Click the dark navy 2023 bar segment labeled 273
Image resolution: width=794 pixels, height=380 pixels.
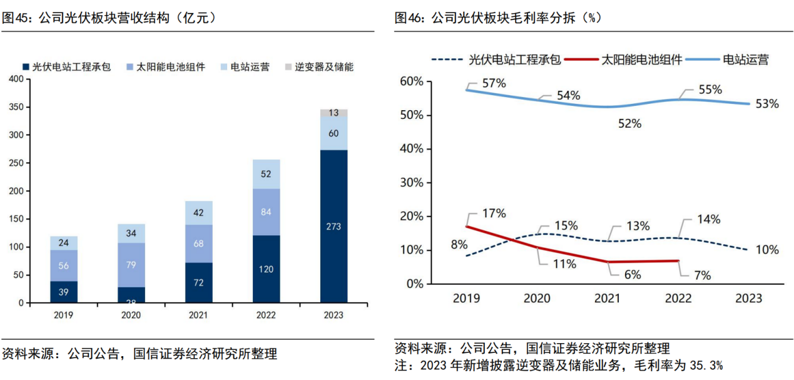click(x=333, y=227)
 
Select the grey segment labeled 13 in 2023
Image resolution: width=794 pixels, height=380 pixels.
click(x=333, y=113)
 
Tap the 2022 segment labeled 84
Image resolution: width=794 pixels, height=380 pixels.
click(x=266, y=212)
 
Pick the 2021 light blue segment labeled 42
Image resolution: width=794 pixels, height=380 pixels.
click(x=198, y=213)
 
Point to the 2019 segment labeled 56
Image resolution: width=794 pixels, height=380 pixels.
click(x=63, y=265)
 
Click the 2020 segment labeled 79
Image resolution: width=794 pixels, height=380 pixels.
click(x=131, y=265)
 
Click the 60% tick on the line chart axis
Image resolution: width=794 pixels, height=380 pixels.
click(x=411, y=82)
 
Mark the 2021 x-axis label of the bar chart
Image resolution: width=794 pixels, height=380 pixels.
click(x=198, y=315)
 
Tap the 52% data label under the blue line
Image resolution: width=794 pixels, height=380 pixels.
click(x=629, y=123)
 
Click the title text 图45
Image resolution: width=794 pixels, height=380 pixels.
click(x=16, y=19)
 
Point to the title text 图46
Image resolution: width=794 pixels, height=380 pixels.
click(x=409, y=19)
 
